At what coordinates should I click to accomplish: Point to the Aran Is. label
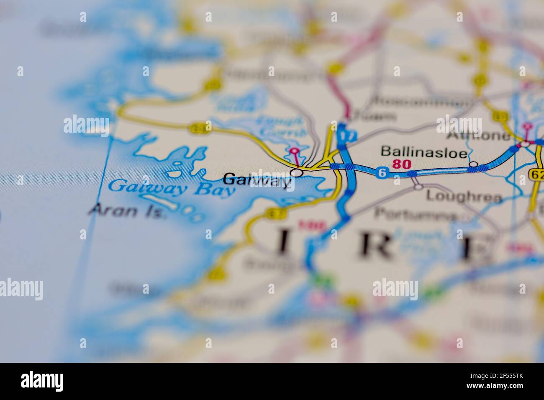pos(128,210)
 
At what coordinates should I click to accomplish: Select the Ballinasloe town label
pos(423,153)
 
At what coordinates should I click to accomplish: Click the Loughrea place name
pos(463,196)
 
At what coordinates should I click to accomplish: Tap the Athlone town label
pos(478,136)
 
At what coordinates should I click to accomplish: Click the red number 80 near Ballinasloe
pos(402,164)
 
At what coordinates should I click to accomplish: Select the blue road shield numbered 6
pos(381,172)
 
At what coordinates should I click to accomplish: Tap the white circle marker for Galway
pos(297,172)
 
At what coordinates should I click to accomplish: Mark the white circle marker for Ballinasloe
pos(474,164)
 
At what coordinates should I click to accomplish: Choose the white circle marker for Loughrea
pos(418,187)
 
